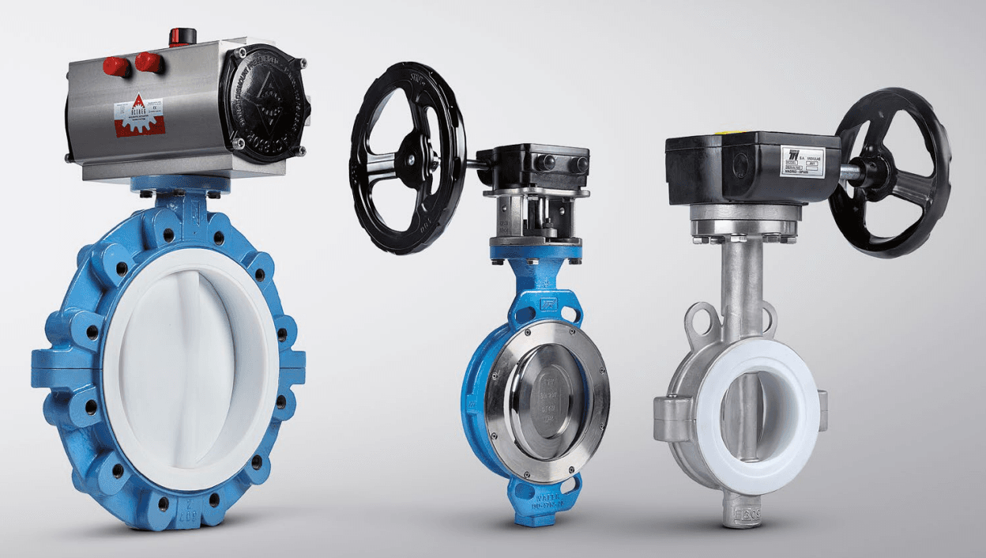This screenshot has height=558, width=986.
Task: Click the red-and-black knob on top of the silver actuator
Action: coord(183,36)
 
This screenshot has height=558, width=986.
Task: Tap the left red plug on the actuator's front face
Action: coord(115,67)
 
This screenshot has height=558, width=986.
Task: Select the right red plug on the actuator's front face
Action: coord(148,62)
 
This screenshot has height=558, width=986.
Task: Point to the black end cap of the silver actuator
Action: coord(264,104)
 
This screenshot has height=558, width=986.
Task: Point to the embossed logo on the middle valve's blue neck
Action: coord(547,304)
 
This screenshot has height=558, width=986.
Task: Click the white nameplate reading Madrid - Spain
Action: coord(802,161)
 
